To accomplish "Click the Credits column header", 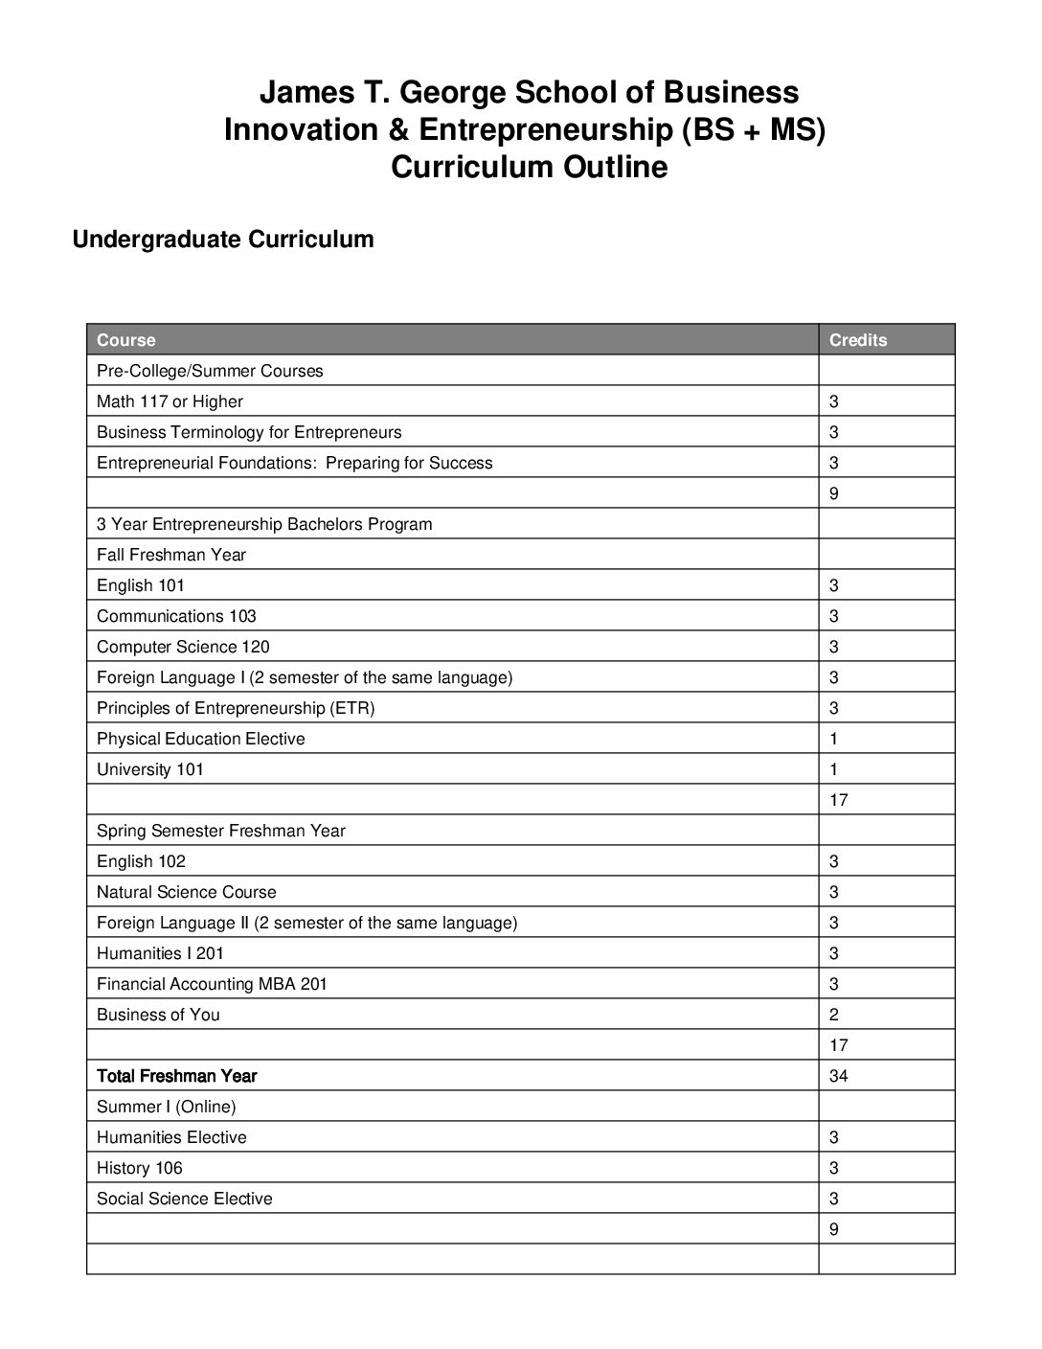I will (x=857, y=340).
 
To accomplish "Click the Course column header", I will (x=125, y=340).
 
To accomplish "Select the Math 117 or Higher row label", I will (x=170, y=401).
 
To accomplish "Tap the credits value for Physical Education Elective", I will (x=834, y=739).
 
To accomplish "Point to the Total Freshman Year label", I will (x=176, y=1076).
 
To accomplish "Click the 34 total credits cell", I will (x=838, y=1076).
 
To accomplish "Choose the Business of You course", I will (x=158, y=1015).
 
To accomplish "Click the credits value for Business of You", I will (x=834, y=1015).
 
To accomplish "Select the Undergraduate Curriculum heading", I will (x=223, y=239).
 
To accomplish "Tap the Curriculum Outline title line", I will (x=529, y=167).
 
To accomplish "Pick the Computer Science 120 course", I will (x=183, y=647).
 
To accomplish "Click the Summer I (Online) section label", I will (x=166, y=1107).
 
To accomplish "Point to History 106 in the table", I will (x=139, y=1168).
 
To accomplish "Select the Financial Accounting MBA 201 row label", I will (x=212, y=984).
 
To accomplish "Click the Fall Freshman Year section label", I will (x=171, y=555).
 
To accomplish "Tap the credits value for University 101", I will (x=834, y=769).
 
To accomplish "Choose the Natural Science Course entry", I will (x=186, y=892).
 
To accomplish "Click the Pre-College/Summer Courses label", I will (x=210, y=371).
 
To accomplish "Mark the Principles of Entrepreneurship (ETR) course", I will (x=236, y=708).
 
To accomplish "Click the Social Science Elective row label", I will (x=184, y=1199).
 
